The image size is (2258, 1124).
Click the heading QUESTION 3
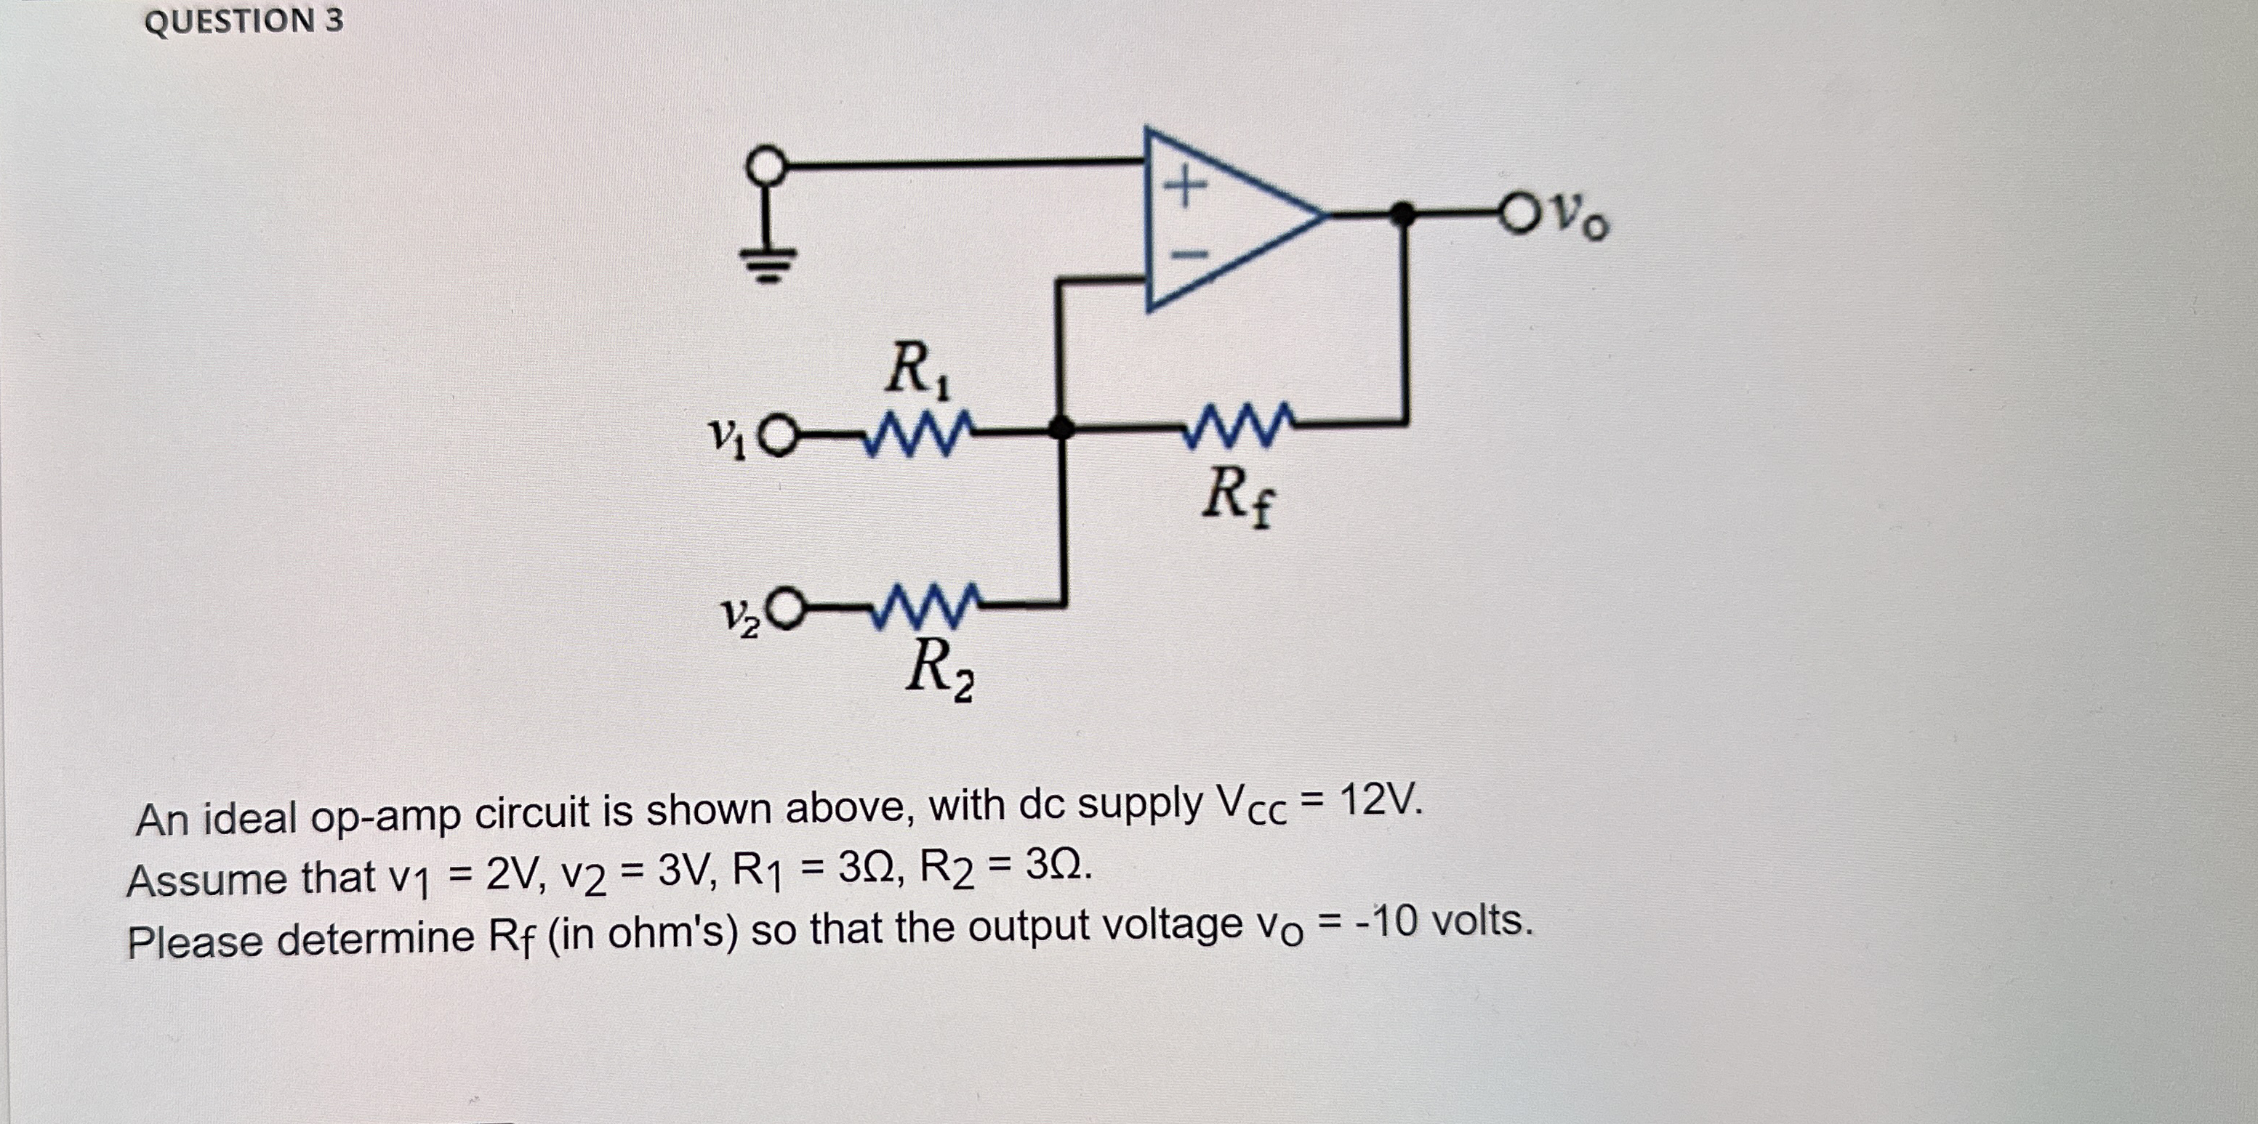coord(244,22)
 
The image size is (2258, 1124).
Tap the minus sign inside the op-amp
coord(1189,255)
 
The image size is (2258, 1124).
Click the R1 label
coord(917,371)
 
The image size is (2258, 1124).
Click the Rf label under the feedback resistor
coord(1236,498)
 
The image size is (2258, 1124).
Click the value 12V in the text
coord(1378,800)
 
